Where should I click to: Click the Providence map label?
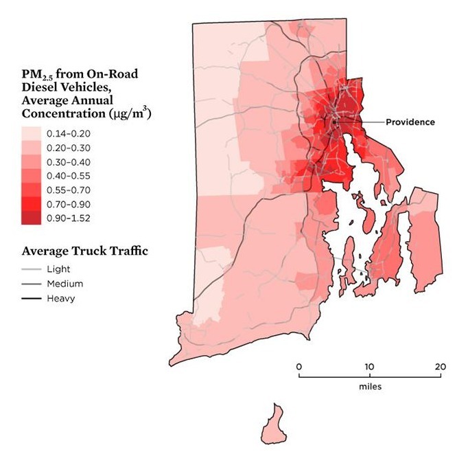[x=410, y=122]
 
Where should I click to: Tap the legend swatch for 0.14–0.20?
[x=31, y=133]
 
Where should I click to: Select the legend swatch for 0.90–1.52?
[x=31, y=218]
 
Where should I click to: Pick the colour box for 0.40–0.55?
[x=31, y=176]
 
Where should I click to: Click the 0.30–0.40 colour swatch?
[x=31, y=161]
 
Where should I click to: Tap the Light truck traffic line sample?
[x=31, y=269]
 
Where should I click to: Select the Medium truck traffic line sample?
[x=31, y=284]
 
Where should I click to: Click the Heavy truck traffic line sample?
[x=31, y=298]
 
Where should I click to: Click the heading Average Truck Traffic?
[x=84, y=251]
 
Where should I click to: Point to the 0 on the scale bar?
[x=299, y=365]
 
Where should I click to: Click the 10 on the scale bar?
[x=370, y=365]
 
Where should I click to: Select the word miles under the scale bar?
[x=370, y=387]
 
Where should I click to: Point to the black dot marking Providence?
[x=334, y=122]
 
